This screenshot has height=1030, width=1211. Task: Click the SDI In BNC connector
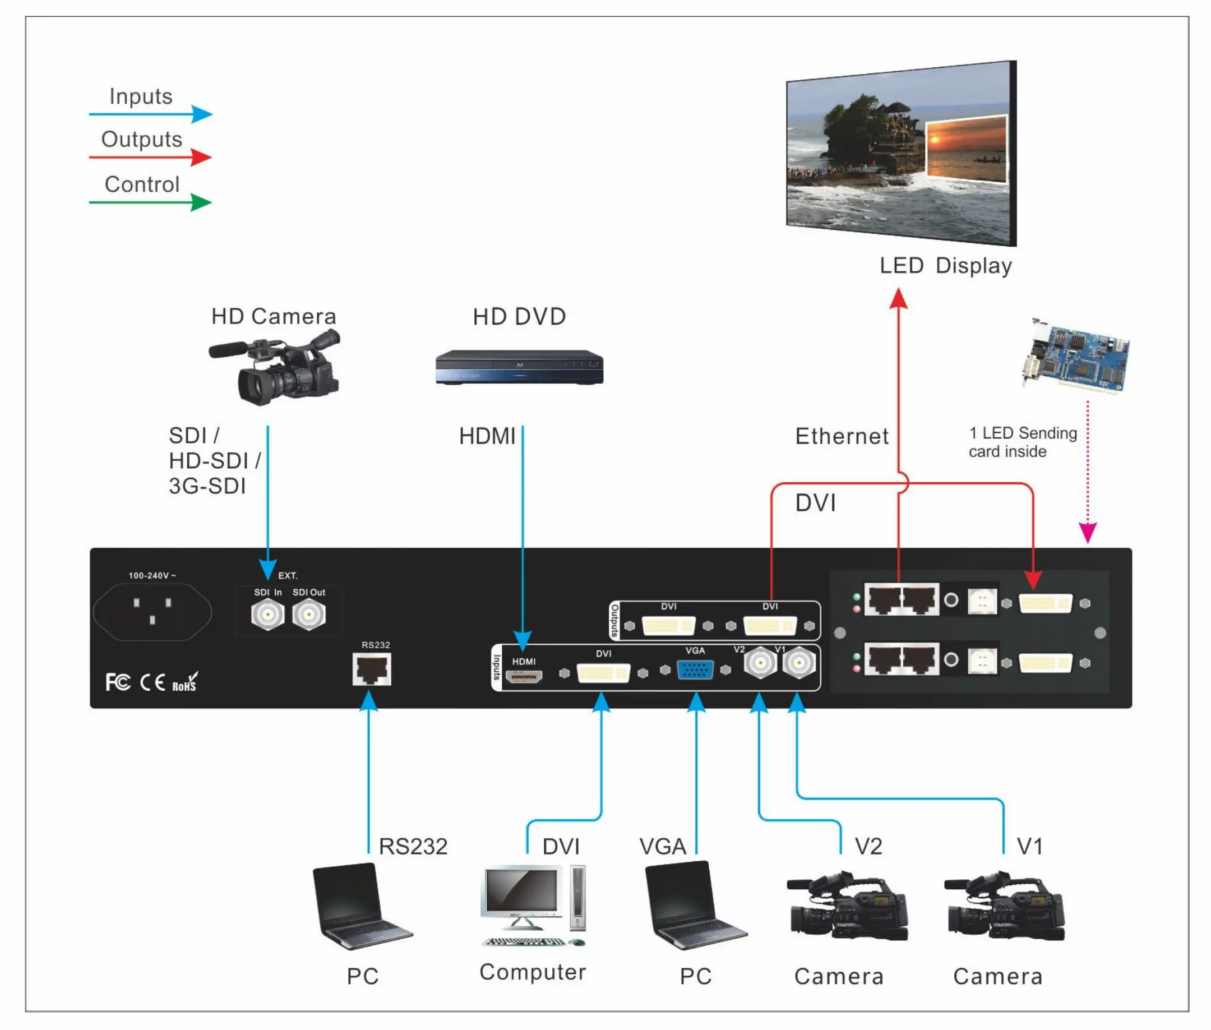(267, 615)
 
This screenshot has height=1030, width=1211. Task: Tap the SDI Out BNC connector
(308, 615)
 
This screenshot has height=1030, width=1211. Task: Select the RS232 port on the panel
(371, 669)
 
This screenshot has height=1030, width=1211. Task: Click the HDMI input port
(524, 677)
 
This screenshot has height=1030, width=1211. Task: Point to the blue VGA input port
(695, 669)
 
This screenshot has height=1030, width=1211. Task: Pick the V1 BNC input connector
(798, 663)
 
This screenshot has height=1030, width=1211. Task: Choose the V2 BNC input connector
(760, 663)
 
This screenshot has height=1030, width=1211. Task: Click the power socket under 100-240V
(152, 611)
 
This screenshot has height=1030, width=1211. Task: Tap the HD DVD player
(519, 367)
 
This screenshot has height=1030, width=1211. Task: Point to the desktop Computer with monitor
(533, 904)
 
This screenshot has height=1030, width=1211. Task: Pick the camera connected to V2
(847, 907)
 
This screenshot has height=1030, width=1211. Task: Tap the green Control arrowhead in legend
(201, 202)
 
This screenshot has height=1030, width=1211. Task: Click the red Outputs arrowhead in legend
(201, 157)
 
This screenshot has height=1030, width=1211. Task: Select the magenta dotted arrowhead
(1087, 533)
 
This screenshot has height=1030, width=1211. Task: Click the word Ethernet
(842, 436)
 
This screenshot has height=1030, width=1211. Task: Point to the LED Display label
(945, 266)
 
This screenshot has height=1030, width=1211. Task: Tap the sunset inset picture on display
(967, 149)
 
